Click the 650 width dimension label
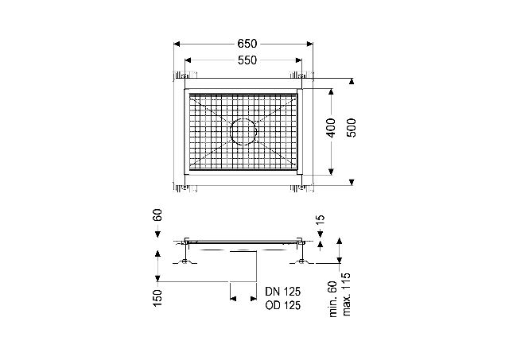click(x=247, y=44)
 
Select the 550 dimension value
click(x=247, y=60)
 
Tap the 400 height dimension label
click(x=331, y=128)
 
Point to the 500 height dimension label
click(x=352, y=128)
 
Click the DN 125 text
click(x=283, y=291)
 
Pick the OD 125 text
click(x=283, y=305)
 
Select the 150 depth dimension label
click(x=157, y=298)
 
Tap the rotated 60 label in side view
click(x=157, y=215)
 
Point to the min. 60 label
click(x=333, y=299)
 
